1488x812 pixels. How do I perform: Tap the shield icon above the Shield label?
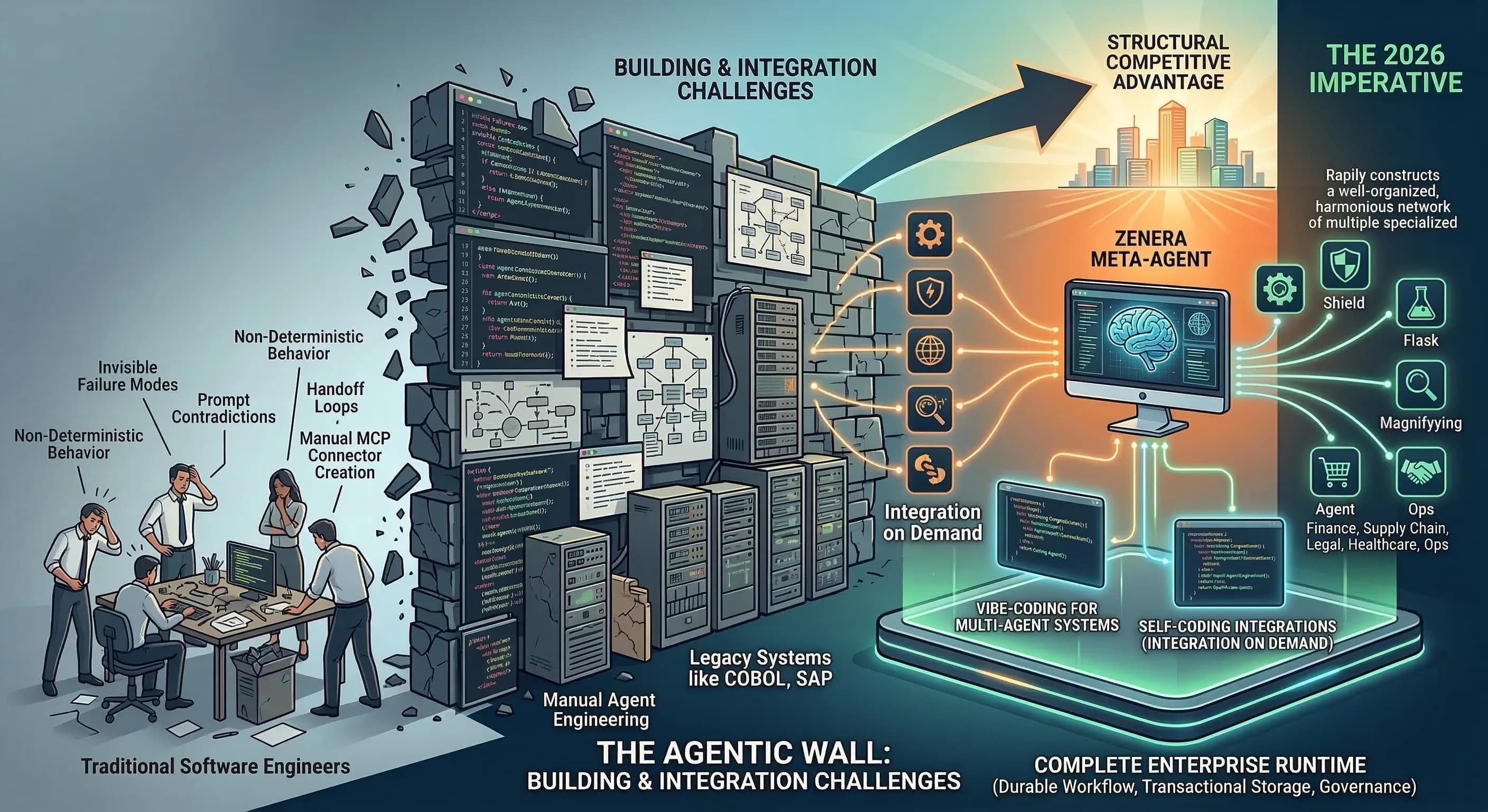[1345, 265]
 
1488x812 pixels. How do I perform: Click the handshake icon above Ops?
[1420, 471]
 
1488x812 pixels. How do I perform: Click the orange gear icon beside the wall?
[929, 235]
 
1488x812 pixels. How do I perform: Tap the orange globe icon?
[929, 350]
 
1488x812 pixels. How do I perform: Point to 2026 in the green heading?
[1410, 55]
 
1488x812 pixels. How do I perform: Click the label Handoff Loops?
[336, 398]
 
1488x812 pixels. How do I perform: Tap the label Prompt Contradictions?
[224, 408]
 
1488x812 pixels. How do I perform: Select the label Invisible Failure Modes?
[128, 376]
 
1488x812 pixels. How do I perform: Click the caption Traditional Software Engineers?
[216, 767]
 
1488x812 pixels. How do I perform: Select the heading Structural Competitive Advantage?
[1168, 62]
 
